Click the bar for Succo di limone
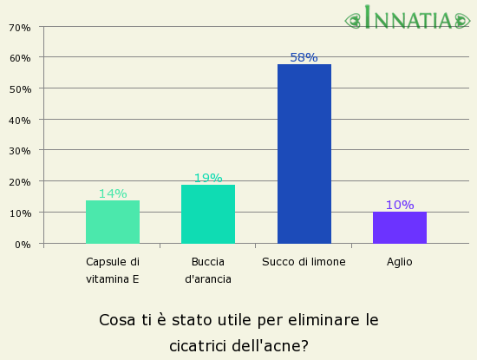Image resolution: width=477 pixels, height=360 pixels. click(x=304, y=154)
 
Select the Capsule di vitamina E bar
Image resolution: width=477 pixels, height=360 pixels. click(x=113, y=222)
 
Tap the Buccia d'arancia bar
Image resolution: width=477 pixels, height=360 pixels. click(x=208, y=214)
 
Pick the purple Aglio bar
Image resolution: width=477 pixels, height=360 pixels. click(x=400, y=227)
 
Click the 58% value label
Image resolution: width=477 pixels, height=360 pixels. click(x=304, y=57)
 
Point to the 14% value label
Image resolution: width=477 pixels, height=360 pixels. click(x=113, y=193)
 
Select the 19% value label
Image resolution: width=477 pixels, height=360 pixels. click(x=208, y=178)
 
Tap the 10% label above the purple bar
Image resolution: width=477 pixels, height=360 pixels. click(x=400, y=205)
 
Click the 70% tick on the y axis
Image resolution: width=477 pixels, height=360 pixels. click(x=20, y=27)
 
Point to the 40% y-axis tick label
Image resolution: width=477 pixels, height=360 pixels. click(x=20, y=120)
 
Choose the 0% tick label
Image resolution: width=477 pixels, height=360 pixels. click(x=23, y=244)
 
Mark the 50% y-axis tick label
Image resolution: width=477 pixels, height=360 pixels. click(x=20, y=88)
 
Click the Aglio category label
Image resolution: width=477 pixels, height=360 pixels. click(x=400, y=261)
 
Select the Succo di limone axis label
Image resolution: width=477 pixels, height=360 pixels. click(x=304, y=261)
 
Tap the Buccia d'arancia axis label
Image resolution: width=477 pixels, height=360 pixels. click(x=208, y=270)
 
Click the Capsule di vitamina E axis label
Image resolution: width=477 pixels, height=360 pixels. click(x=113, y=270)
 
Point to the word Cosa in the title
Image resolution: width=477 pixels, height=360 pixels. click(x=117, y=319)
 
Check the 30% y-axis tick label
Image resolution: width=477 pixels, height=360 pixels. click(x=20, y=151)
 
